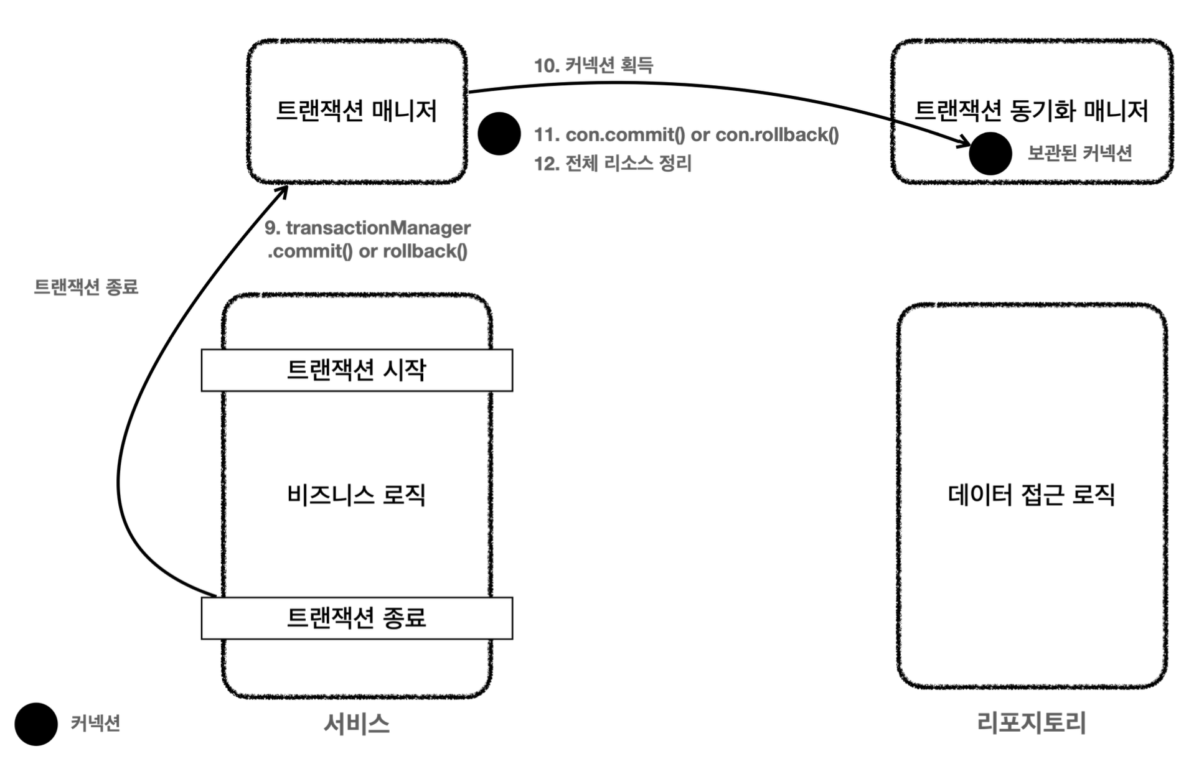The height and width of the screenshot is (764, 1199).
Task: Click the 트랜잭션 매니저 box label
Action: pyautogui.click(x=356, y=111)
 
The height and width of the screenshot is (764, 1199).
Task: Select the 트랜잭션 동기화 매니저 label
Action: pyautogui.click(x=1031, y=111)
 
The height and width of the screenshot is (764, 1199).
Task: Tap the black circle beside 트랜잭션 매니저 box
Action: pyautogui.click(x=499, y=134)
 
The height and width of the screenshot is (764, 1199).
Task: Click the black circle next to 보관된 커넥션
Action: pyautogui.click(x=990, y=154)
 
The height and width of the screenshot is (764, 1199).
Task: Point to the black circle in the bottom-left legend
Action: pyautogui.click(x=36, y=724)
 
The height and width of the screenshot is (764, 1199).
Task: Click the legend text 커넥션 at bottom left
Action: pyautogui.click(x=95, y=724)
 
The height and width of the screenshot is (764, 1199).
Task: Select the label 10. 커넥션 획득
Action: pyautogui.click(x=593, y=65)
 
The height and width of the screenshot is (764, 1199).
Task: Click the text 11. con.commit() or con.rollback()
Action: pyautogui.click(x=686, y=134)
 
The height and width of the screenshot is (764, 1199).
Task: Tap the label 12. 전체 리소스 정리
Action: pyautogui.click(x=613, y=164)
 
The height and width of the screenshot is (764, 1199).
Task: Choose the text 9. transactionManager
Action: pyautogui.click(x=367, y=228)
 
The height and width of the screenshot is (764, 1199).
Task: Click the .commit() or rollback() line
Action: pyautogui.click(x=367, y=251)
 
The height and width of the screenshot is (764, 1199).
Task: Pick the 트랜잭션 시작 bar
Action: pyautogui.click(x=357, y=370)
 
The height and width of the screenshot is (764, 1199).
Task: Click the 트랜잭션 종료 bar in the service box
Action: pyautogui.click(x=357, y=618)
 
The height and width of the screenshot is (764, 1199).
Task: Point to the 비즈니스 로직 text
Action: pyautogui.click(x=356, y=495)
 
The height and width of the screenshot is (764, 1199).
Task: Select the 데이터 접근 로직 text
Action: pyautogui.click(x=1031, y=495)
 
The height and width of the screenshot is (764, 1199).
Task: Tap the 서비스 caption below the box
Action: pyautogui.click(x=357, y=724)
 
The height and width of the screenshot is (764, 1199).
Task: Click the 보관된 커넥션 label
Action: pyautogui.click(x=1079, y=154)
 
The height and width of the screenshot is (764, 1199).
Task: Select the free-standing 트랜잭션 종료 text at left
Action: pyautogui.click(x=86, y=287)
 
